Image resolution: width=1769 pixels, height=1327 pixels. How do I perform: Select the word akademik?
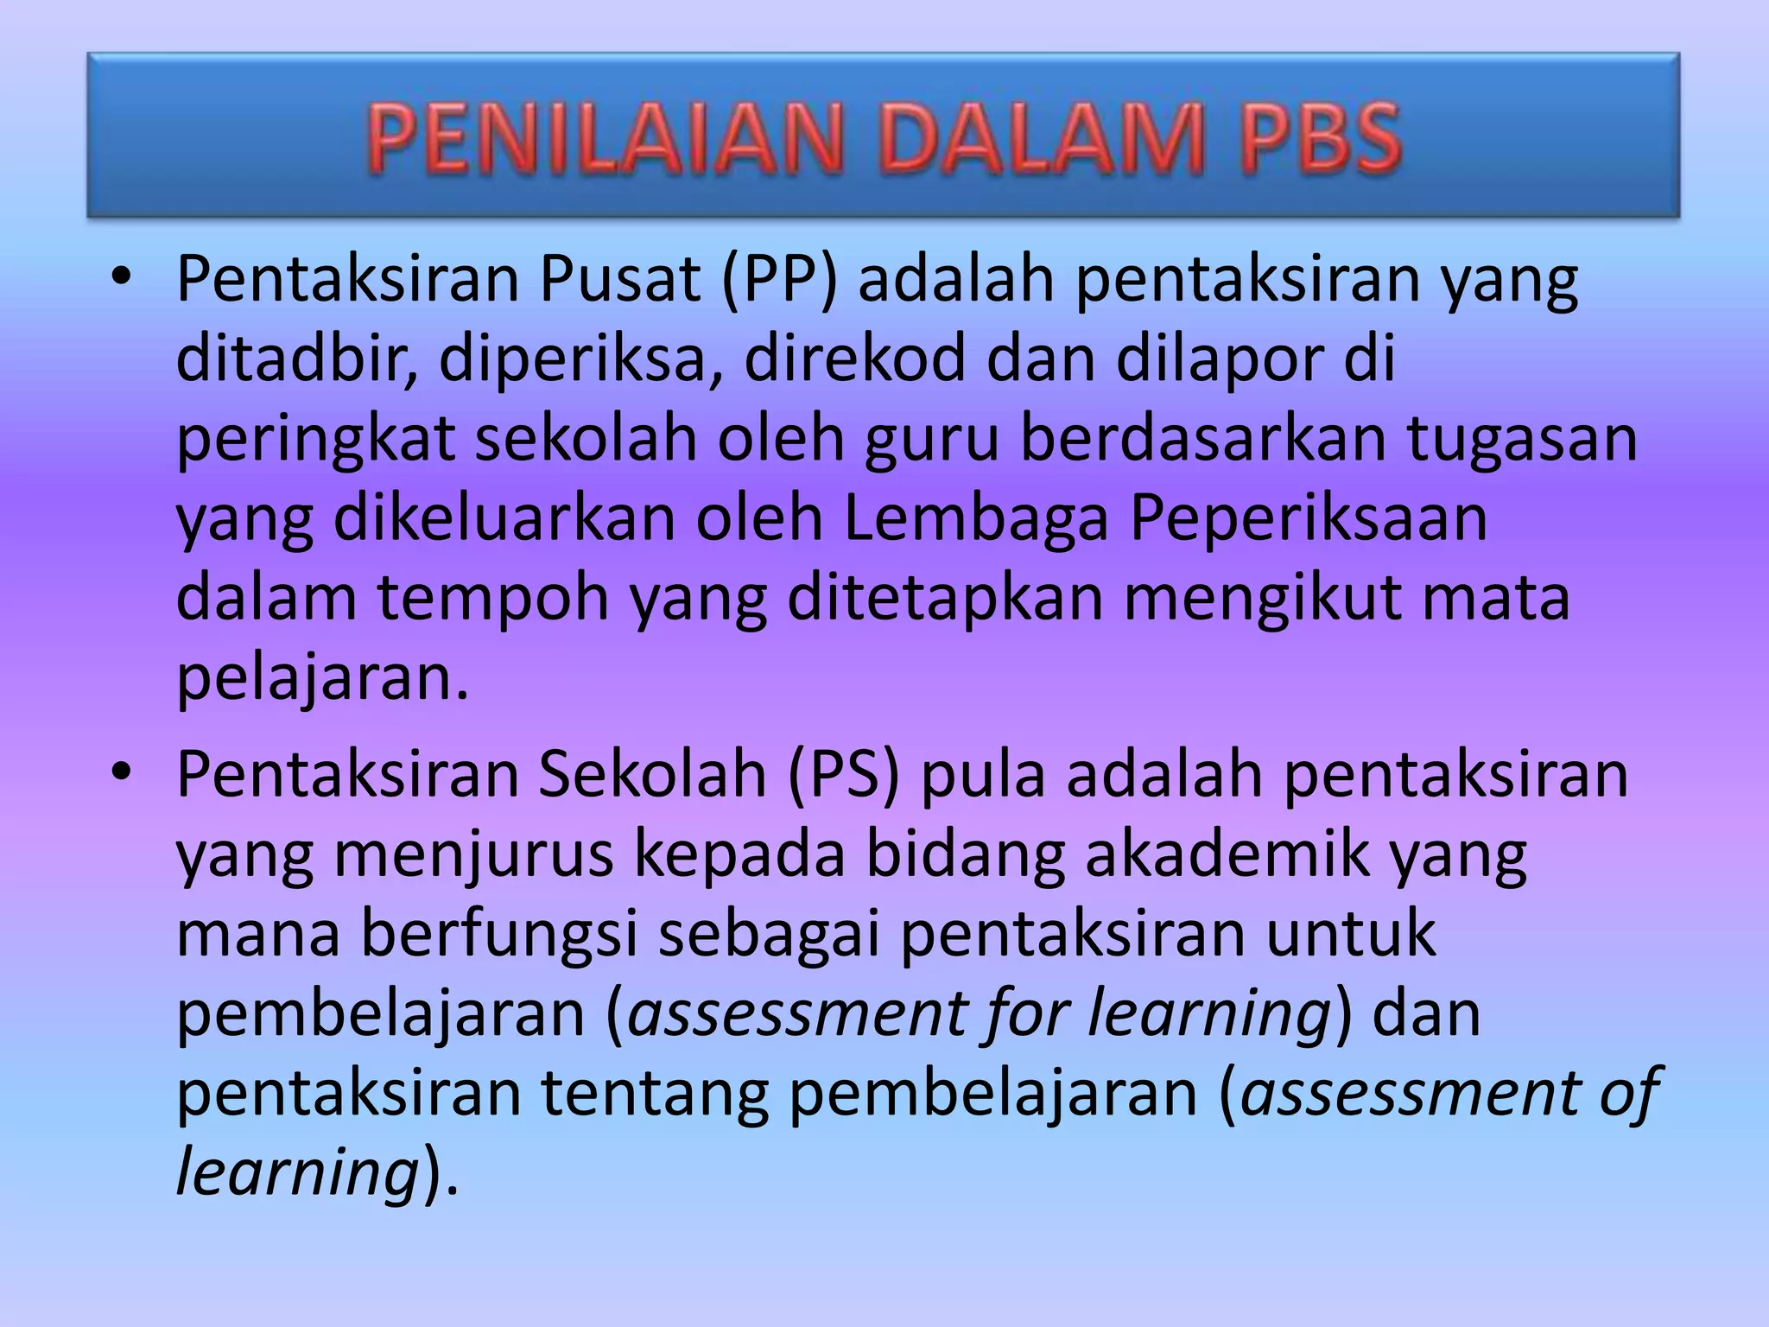(x=1227, y=855)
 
